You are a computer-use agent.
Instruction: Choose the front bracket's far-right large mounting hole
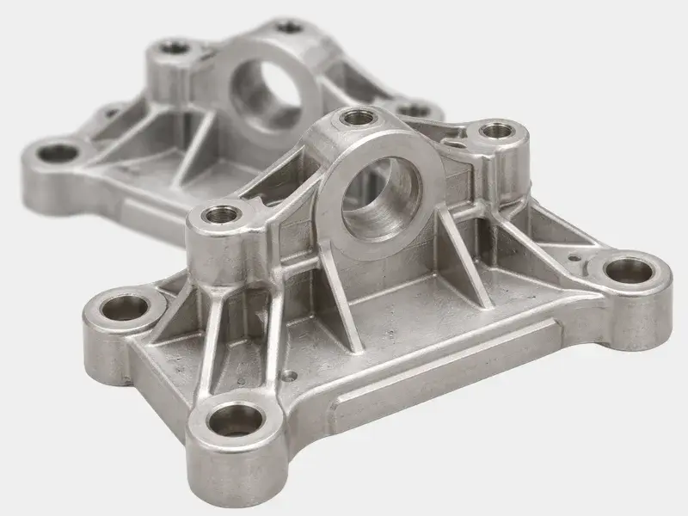coord(630,270)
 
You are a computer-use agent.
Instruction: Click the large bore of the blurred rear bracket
coord(268,93)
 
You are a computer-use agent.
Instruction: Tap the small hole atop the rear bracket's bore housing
coord(290,28)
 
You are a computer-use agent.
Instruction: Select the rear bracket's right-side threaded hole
coord(413,110)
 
